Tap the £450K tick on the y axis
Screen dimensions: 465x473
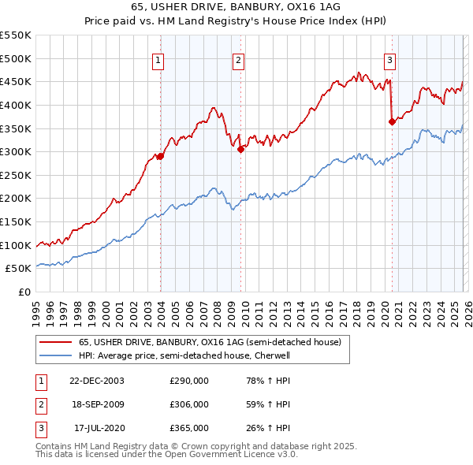coord(17,81)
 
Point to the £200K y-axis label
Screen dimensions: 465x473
coord(17,198)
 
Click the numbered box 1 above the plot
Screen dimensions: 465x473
coord(158,60)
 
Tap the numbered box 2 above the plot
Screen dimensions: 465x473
coord(238,60)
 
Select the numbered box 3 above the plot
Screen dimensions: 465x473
coord(390,60)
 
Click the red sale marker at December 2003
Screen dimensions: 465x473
coord(160,156)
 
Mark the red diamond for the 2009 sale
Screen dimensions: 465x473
coord(240,149)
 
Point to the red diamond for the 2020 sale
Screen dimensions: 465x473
coord(392,121)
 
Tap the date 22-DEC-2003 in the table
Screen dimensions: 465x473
coord(97,381)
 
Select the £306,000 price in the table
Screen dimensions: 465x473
coord(189,404)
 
